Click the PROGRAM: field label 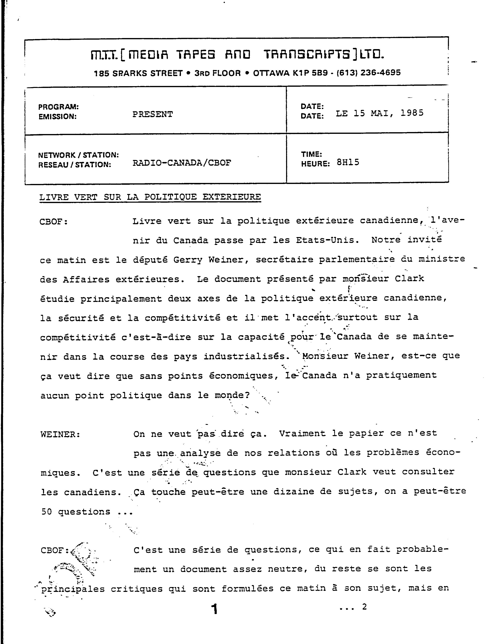click(x=58, y=106)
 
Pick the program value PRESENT click(x=152, y=114)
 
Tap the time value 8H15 click(x=348, y=162)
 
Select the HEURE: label click(x=315, y=164)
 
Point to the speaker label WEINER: click(x=60, y=434)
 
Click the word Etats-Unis click(x=327, y=240)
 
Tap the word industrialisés click(x=244, y=356)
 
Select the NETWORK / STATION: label click(x=78, y=155)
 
